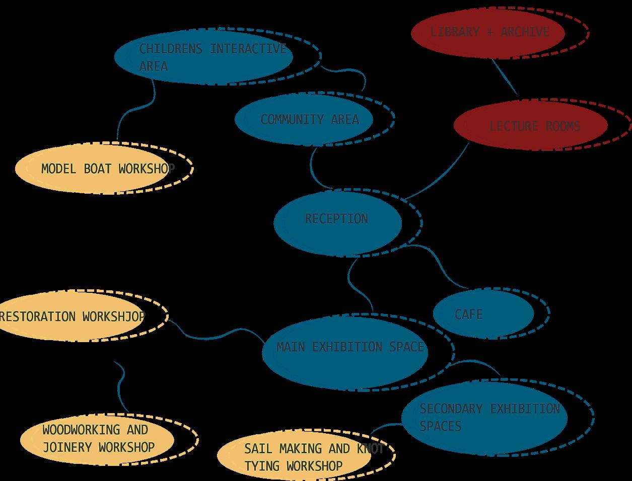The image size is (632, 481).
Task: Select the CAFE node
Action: point(482,314)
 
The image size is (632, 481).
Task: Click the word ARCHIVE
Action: point(525,32)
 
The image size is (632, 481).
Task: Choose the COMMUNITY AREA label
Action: point(309,120)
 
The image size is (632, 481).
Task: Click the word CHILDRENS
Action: point(171,49)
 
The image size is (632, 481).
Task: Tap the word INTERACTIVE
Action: point(248,49)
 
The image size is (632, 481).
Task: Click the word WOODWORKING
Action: point(81,430)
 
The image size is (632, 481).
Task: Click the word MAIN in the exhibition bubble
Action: point(291,347)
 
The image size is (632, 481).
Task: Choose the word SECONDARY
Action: point(451,409)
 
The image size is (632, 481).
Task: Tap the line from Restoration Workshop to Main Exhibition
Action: point(217,336)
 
